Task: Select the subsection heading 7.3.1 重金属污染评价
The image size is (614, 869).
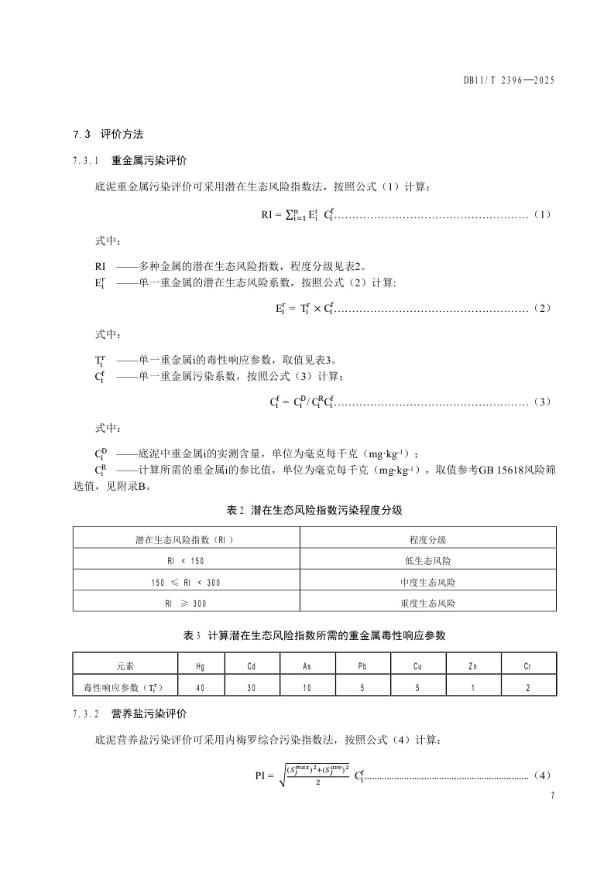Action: [129, 161]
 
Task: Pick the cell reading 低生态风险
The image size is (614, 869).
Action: [427, 559]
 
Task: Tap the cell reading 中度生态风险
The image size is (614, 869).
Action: [427, 580]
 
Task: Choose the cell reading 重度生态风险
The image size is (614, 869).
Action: [427, 602]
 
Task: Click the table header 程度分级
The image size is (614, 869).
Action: [427, 538]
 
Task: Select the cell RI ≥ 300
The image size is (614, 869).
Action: [186, 602]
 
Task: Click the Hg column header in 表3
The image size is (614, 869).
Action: [201, 665]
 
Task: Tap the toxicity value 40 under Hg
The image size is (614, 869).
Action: [201, 686]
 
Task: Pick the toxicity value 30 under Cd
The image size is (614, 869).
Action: [251, 686]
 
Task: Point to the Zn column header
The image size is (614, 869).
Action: [473, 665]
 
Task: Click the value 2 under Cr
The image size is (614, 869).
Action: [528, 686]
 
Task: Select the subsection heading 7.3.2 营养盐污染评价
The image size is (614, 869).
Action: [129, 713]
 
